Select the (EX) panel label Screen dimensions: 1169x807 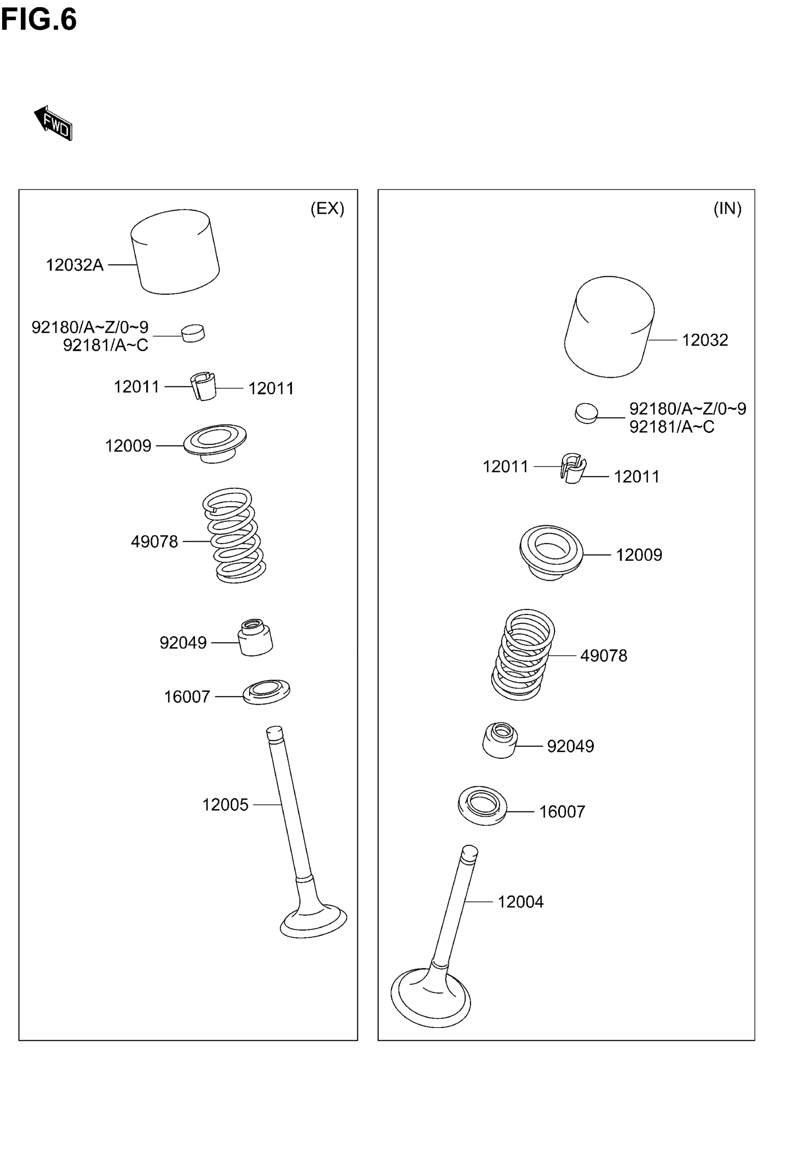[327, 208]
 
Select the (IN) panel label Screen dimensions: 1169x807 [727, 208]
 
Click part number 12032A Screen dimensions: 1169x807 [75, 265]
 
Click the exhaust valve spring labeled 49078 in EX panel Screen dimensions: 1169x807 [235, 536]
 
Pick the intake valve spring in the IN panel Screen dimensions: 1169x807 [523, 654]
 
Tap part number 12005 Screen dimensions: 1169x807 [225, 804]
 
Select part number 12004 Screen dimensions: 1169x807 [520, 902]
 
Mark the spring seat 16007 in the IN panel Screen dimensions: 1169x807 [482, 805]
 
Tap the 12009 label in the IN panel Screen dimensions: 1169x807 [638, 555]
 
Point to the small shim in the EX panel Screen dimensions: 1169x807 [193, 333]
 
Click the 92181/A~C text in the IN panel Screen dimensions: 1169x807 [672, 427]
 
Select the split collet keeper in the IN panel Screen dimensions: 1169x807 [573, 468]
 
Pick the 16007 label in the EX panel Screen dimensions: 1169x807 [187, 697]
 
